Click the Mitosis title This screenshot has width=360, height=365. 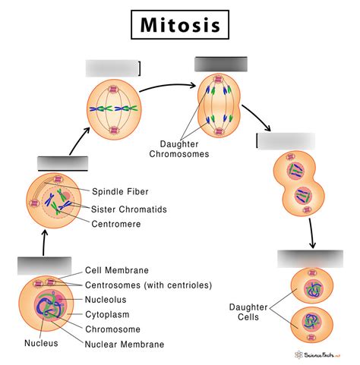(x=180, y=24)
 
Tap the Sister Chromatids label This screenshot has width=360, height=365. (x=130, y=209)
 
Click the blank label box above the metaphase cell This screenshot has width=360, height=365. (x=113, y=68)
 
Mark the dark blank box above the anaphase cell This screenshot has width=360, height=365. (x=220, y=64)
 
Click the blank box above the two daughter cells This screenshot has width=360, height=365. (x=310, y=258)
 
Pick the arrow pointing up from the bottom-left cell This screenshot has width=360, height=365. (x=45, y=242)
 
